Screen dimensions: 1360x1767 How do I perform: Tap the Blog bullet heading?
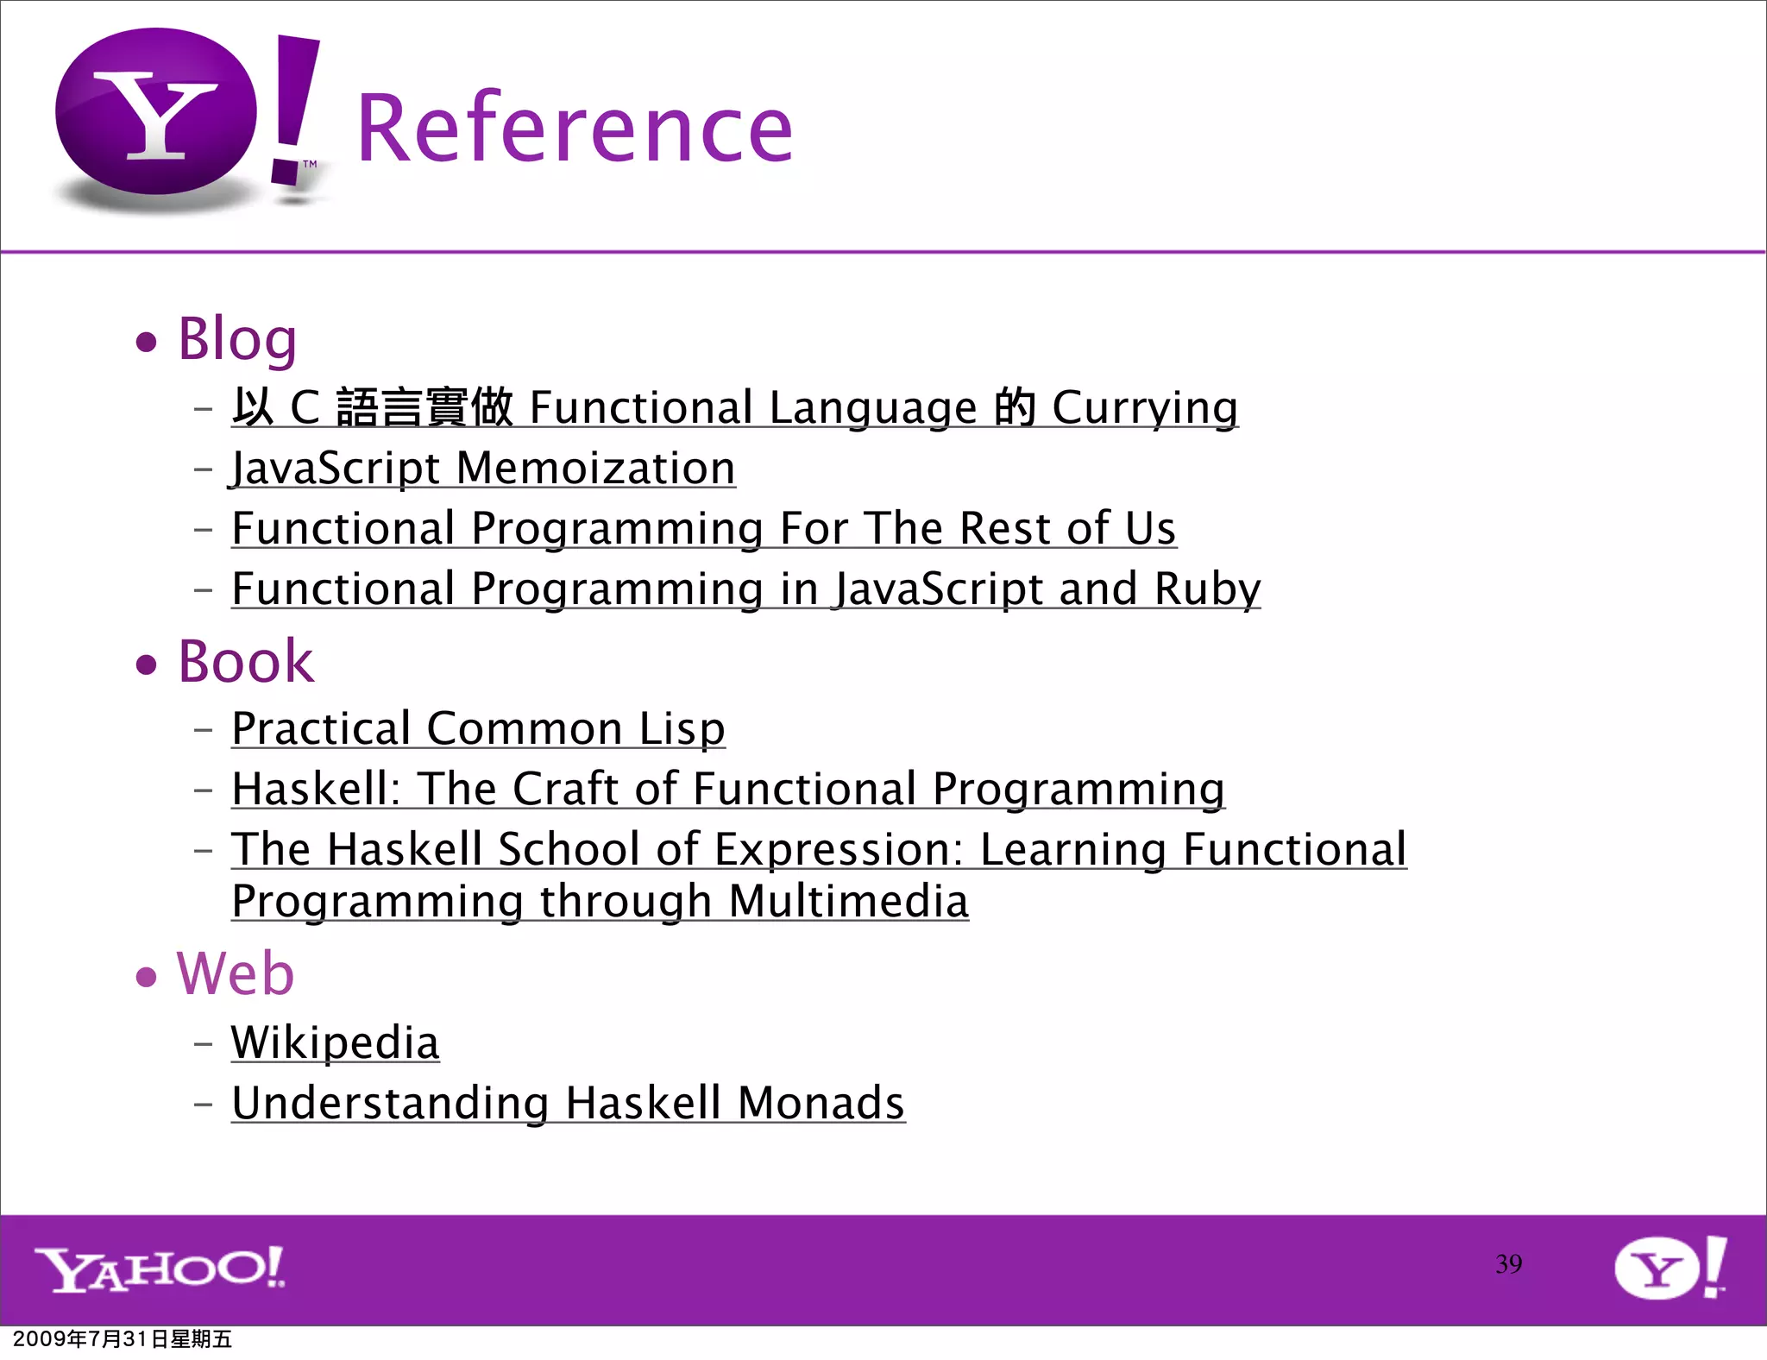(x=237, y=338)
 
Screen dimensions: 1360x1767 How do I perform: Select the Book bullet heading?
(x=246, y=662)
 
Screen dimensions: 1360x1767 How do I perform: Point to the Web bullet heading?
(x=236, y=973)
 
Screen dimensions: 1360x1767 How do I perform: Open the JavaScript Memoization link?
(x=483, y=469)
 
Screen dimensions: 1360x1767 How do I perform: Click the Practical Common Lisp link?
(x=478, y=729)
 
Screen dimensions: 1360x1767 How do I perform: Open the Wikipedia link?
(x=336, y=1042)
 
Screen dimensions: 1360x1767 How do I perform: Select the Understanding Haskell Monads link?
(x=568, y=1103)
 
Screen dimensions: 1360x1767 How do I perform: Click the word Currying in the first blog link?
(x=1145, y=408)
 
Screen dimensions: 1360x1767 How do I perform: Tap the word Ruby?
(x=1207, y=589)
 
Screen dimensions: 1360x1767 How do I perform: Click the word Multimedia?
(x=848, y=902)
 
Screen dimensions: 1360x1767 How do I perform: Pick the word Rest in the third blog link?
(x=1004, y=528)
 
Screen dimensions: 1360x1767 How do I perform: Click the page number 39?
(x=1508, y=1264)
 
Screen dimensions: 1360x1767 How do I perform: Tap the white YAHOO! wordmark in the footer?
(x=160, y=1269)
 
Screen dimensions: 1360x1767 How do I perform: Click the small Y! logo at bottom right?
(x=1670, y=1267)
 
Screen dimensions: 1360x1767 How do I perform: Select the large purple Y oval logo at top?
(x=156, y=112)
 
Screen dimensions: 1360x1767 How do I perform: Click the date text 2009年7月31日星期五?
(x=123, y=1339)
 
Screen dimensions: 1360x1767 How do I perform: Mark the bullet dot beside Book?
(x=147, y=664)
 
